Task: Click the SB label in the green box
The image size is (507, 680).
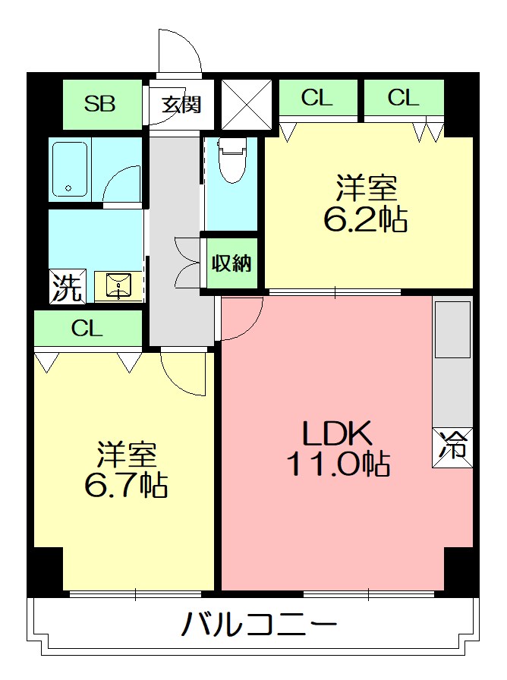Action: pyautogui.click(x=99, y=104)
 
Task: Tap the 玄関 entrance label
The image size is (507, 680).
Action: pyautogui.click(x=181, y=105)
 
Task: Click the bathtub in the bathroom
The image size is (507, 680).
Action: pyautogui.click(x=70, y=169)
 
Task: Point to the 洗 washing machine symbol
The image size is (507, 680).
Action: pyautogui.click(x=68, y=287)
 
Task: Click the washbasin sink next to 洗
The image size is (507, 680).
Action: pyautogui.click(x=118, y=286)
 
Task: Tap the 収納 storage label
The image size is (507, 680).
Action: pyautogui.click(x=231, y=263)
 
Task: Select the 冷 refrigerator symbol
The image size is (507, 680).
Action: pyautogui.click(x=452, y=448)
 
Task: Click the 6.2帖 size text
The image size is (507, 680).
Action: pyautogui.click(x=366, y=219)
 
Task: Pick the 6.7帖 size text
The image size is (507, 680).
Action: pyautogui.click(x=126, y=484)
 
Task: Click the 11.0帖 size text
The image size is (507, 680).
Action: pyautogui.click(x=339, y=464)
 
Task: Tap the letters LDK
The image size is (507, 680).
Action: pyautogui.click(x=337, y=433)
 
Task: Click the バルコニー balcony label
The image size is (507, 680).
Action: pyautogui.click(x=259, y=624)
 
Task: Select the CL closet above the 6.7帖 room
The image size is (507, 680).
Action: pyautogui.click(x=88, y=329)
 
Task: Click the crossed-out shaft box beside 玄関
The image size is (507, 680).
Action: pyautogui.click(x=247, y=105)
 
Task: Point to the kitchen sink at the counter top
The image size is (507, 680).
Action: pyautogui.click(x=453, y=329)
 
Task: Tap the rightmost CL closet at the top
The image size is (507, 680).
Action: pyautogui.click(x=404, y=98)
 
